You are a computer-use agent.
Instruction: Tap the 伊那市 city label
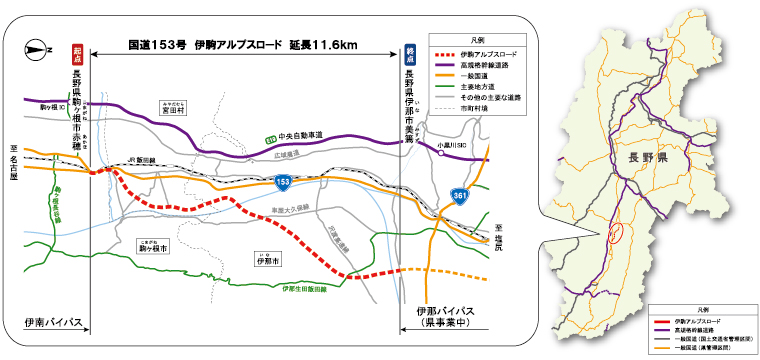click(x=267, y=259)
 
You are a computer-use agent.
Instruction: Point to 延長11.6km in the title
click(x=326, y=46)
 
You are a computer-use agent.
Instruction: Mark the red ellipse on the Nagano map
click(x=616, y=234)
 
